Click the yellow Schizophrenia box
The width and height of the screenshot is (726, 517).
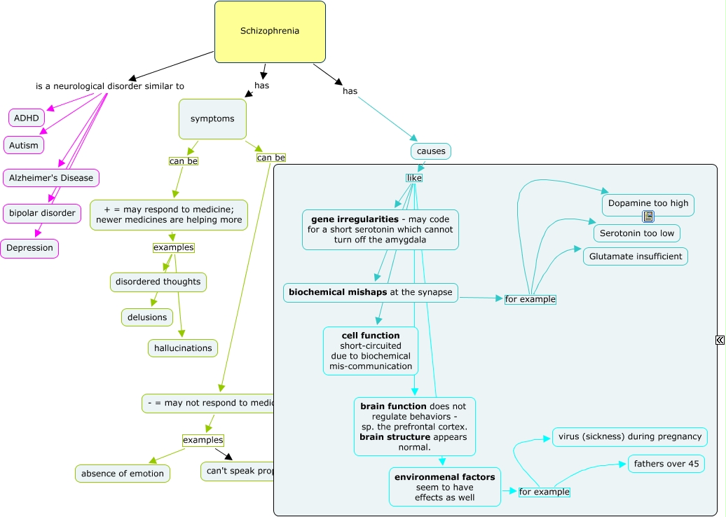click(x=270, y=32)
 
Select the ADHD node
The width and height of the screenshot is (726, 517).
click(x=27, y=118)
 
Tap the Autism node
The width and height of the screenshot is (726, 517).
click(x=23, y=145)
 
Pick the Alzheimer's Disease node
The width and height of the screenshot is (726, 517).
click(x=51, y=178)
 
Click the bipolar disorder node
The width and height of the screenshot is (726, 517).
click(x=42, y=213)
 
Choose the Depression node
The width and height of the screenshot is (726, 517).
click(x=29, y=248)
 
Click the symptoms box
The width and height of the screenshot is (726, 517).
click(x=212, y=119)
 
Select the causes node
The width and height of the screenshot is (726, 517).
click(x=431, y=151)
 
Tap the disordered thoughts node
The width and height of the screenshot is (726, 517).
click(x=158, y=282)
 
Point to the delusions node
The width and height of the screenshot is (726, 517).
click(x=147, y=317)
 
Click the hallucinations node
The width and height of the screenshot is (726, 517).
click(x=183, y=348)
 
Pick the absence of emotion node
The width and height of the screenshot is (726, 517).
click(x=123, y=474)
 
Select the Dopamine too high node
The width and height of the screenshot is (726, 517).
click(x=648, y=203)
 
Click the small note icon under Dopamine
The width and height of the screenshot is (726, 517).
click(x=648, y=216)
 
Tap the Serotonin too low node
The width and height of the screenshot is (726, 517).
click(x=636, y=233)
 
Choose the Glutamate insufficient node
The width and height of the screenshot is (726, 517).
click(x=635, y=256)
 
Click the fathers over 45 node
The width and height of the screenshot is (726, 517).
click(x=666, y=464)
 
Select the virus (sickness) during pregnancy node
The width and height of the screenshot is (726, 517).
click(x=629, y=436)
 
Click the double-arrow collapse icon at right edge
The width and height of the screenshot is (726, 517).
click(x=720, y=340)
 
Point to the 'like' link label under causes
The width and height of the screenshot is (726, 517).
click(x=413, y=178)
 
